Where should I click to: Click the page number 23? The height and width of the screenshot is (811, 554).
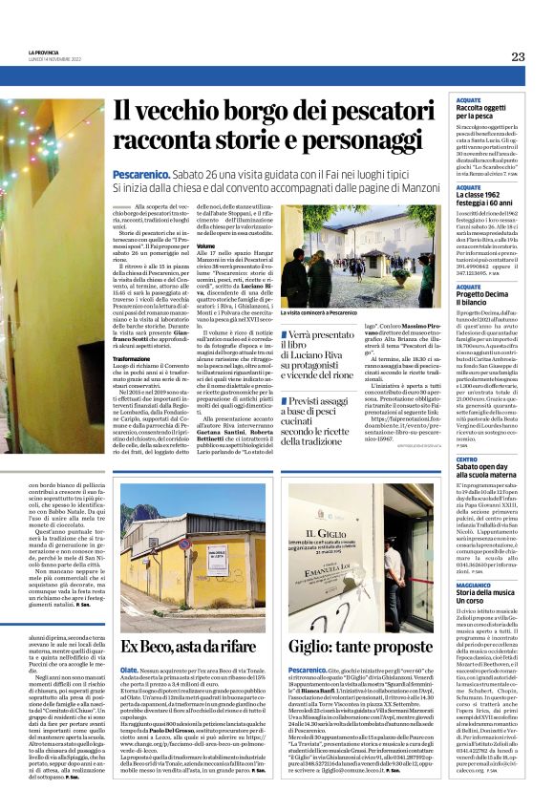(518, 56)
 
